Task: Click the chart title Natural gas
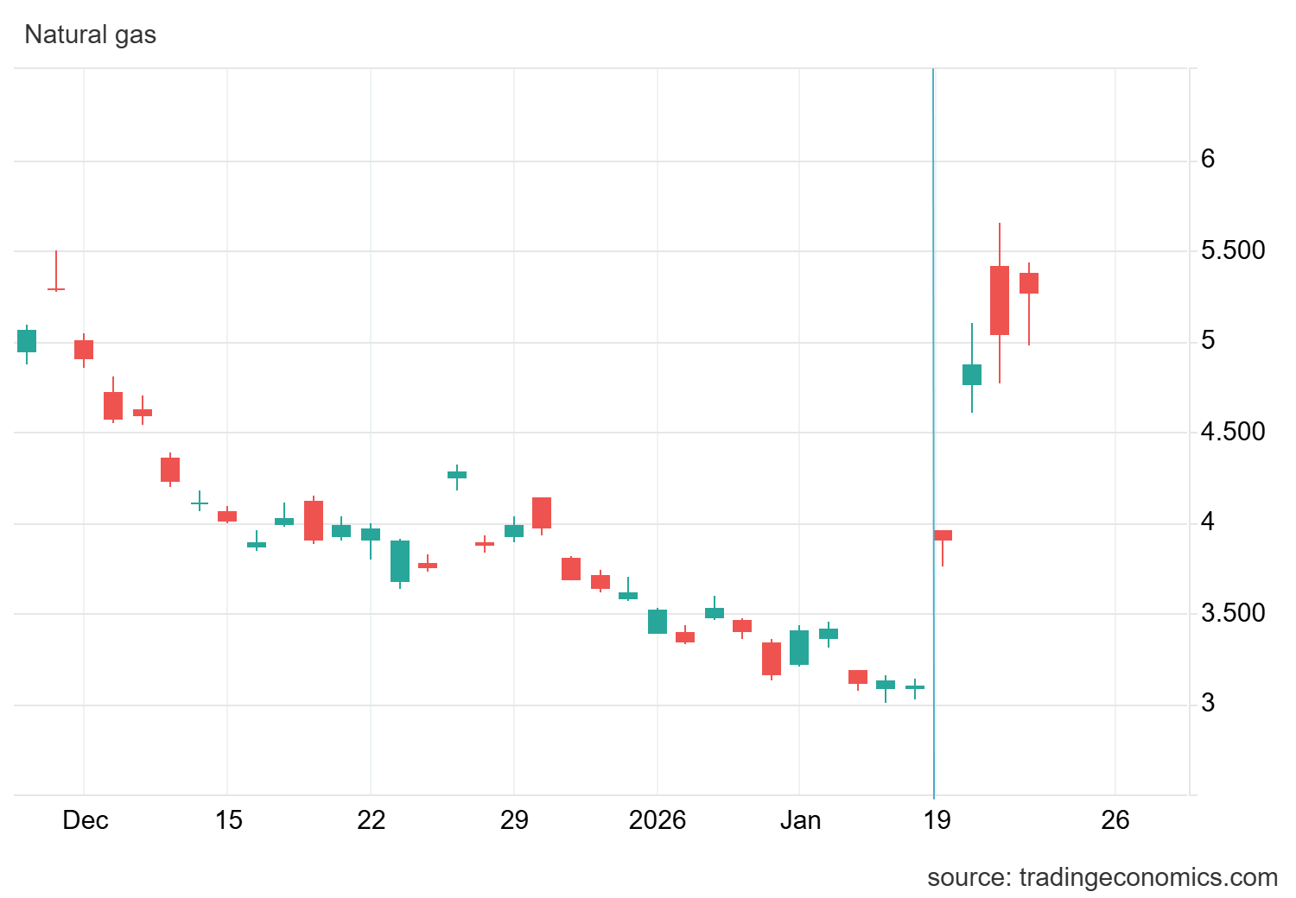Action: point(90,35)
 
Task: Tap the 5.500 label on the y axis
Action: point(1232,250)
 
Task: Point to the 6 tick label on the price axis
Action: point(1207,159)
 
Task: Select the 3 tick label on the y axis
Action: point(1207,703)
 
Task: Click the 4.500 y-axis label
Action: point(1232,432)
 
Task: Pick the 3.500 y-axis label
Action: point(1232,613)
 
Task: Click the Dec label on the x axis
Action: point(86,819)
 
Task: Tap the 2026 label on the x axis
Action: point(657,819)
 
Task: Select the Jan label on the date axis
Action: point(800,819)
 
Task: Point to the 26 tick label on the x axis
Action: point(1115,819)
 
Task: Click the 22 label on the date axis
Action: point(371,819)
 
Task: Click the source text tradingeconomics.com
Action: point(1102,877)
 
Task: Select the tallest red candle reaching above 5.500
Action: point(1000,300)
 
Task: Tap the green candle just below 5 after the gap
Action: point(972,374)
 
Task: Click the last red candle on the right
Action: point(1029,283)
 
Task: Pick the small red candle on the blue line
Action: point(943,535)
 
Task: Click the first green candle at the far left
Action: point(27,341)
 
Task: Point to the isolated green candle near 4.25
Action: point(457,475)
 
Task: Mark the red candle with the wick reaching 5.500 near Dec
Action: point(56,288)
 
